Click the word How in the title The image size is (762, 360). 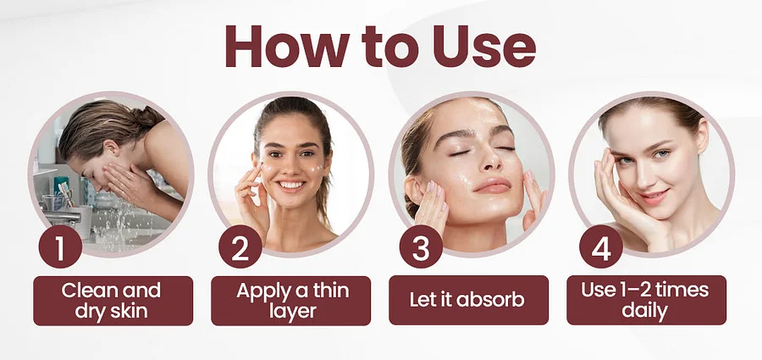[287, 46]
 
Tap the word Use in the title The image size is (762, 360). [484, 46]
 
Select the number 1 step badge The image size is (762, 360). [60, 246]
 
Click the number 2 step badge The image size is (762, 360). [240, 246]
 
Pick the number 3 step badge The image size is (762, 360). [421, 246]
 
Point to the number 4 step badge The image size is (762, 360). [601, 246]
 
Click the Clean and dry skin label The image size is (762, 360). [113, 301]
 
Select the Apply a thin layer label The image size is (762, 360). [291, 301]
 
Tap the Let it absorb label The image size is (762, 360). [468, 300]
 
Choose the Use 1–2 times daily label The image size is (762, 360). [646, 300]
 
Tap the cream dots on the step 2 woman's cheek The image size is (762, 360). [317, 169]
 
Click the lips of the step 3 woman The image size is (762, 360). [492, 186]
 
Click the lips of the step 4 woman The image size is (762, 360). [653, 197]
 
